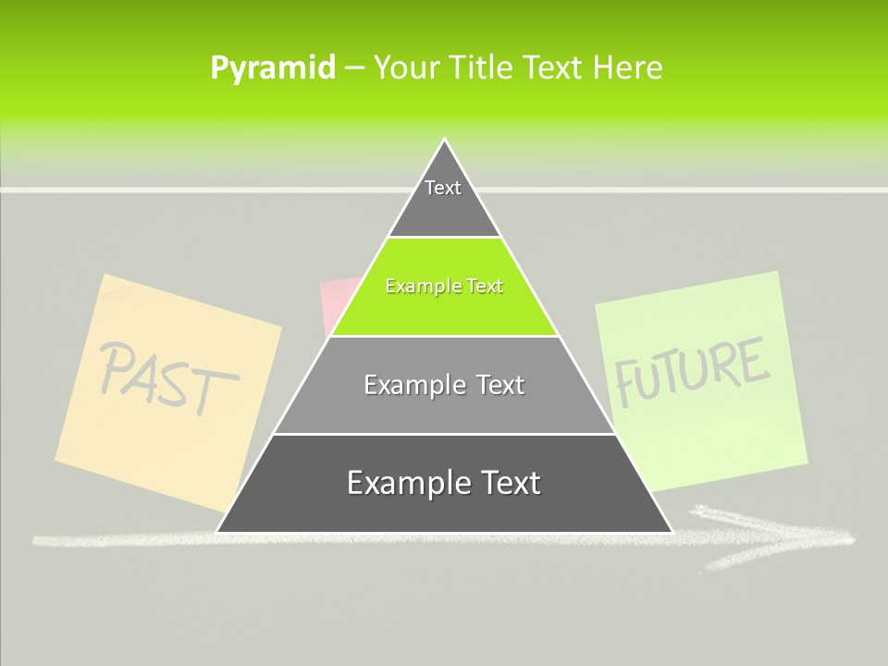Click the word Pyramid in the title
coord(273,68)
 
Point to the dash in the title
coord(354,68)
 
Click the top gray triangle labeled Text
coord(443,199)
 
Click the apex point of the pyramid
coord(445,141)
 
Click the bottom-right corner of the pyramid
coord(671,531)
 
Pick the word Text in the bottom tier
coord(505,484)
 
